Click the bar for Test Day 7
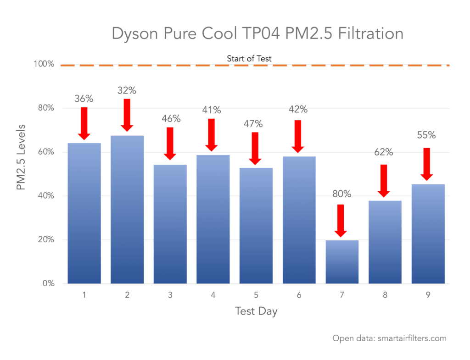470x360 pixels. tap(342, 262)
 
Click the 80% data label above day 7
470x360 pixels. tap(342, 194)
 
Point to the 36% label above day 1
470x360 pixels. tap(84, 98)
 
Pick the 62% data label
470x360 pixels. tap(385, 152)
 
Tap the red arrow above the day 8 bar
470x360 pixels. tap(385, 180)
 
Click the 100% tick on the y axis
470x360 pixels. tap(44, 64)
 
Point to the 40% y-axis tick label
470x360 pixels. tap(46, 196)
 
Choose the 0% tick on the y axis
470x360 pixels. tap(48, 283)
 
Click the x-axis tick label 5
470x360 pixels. tap(256, 295)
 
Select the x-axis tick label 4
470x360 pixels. tap(213, 295)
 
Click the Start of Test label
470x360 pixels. tap(249, 58)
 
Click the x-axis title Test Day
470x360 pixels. tap(256, 311)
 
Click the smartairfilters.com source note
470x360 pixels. tap(389, 338)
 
